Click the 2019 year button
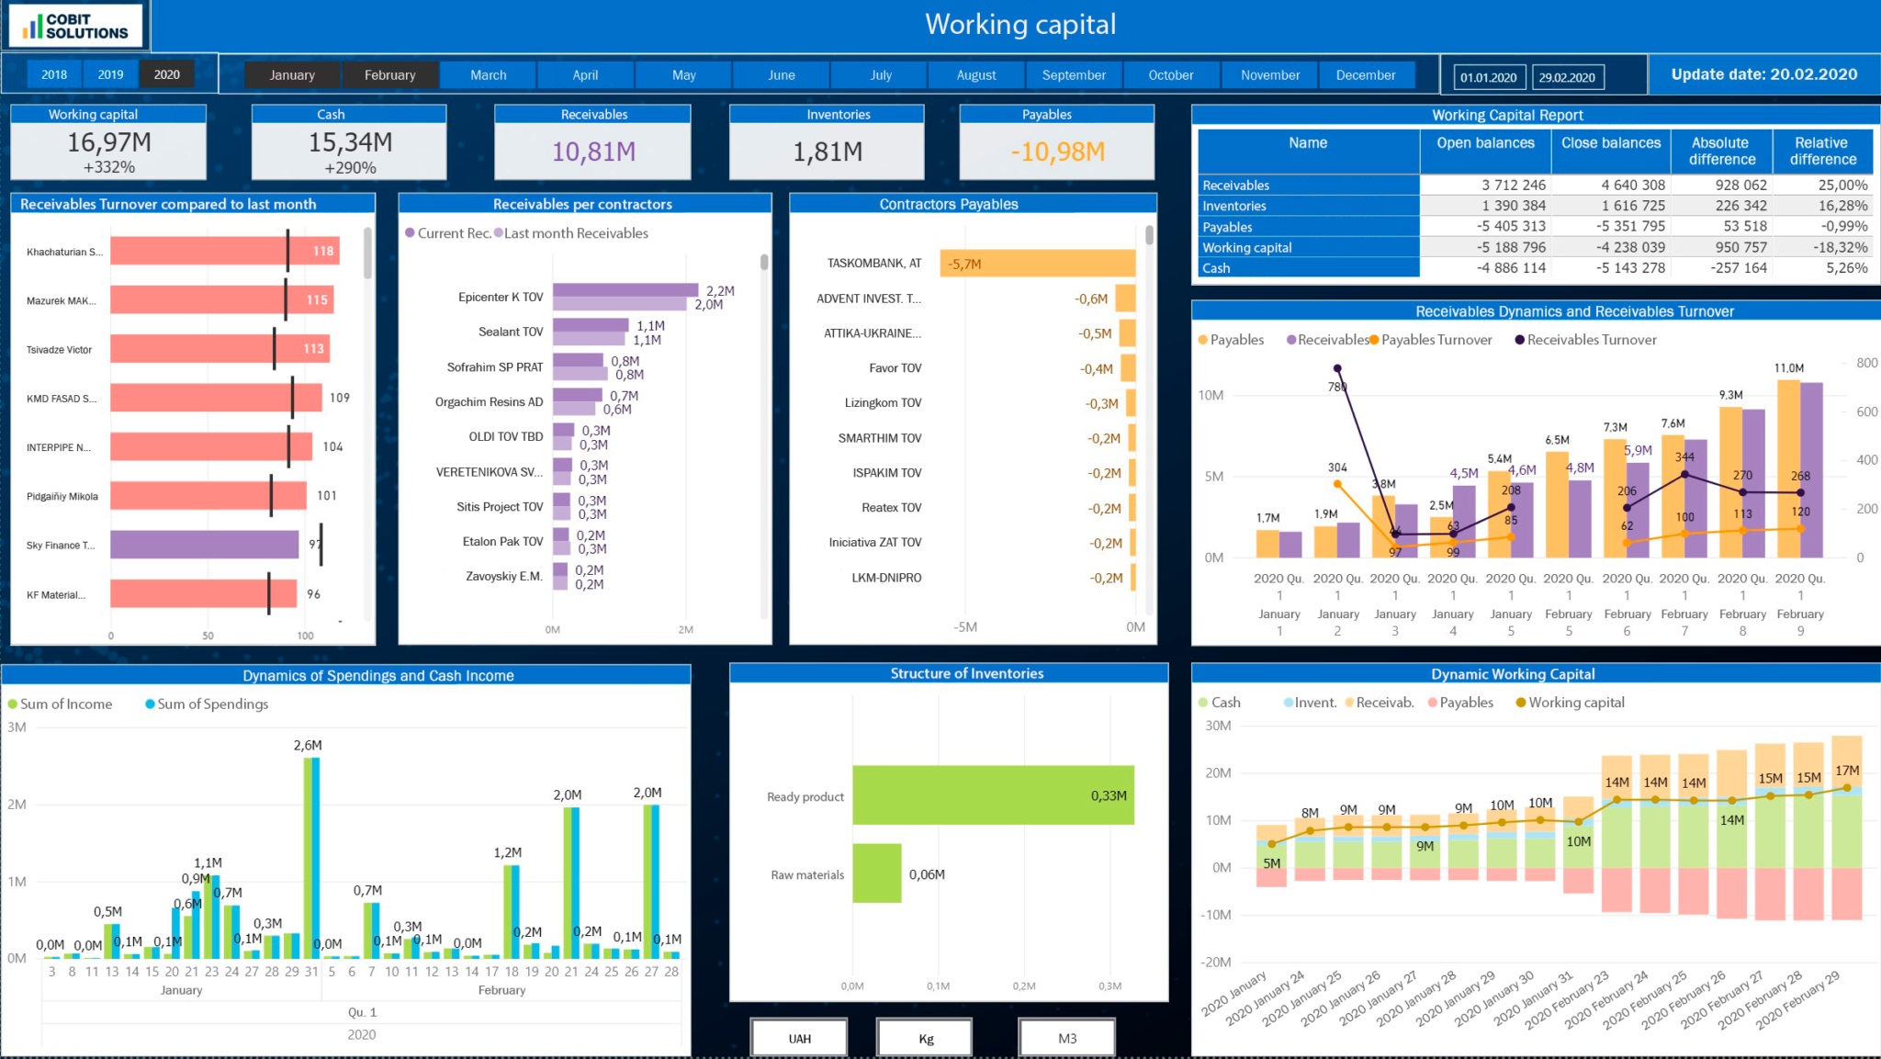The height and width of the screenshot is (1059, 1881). pyautogui.click(x=110, y=74)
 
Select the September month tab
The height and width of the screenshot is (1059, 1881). pyautogui.click(x=1073, y=74)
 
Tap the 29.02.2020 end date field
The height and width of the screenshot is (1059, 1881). pyautogui.click(x=1567, y=77)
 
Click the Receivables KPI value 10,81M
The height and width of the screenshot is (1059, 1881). pyautogui.click(x=593, y=152)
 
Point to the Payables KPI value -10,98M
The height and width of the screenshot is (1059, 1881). pyautogui.click(x=1057, y=152)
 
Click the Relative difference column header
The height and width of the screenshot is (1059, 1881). pyautogui.click(x=1821, y=151)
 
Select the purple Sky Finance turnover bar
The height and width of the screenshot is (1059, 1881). pyautogui.click(x=204, y=545)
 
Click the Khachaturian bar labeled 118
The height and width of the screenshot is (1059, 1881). pyautogui.click(x=224, y=251)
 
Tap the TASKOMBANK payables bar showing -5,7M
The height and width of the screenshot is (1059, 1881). pyautogui.click(x=1037, y=264)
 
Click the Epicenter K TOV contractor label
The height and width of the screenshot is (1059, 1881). pyautogui.click(x=501, y=297)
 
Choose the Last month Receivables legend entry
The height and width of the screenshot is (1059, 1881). pyautogui.click(x=575, y=233)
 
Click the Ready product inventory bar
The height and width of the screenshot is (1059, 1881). pyautogui.click(x=992, y=795)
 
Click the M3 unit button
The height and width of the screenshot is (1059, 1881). pyautogui.click(x=1066, y=1038)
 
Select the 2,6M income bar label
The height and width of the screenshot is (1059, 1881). pyautogui.click(x=308, y=745)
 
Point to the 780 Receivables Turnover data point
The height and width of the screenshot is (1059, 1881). pyautogui.click(x=1337, y=369)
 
